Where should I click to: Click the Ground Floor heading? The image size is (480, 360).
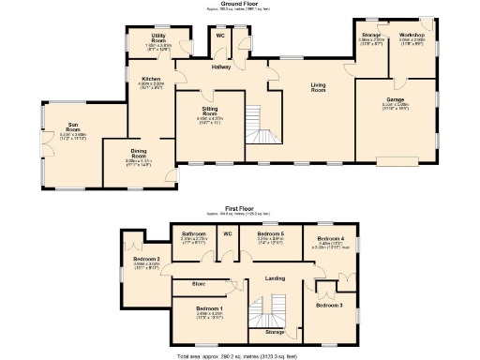[240, 4]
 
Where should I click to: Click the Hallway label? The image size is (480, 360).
[220, 67]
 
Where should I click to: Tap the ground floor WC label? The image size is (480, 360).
[220, 36]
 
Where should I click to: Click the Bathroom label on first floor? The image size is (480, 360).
[193, 233]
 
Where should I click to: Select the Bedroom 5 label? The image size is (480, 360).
[270, 233]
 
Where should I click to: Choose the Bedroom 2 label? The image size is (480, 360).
[145, 259]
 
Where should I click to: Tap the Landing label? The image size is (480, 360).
[276, 278]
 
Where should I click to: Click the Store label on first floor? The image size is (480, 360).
[199, 283]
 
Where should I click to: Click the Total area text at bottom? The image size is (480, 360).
[240, 355]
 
